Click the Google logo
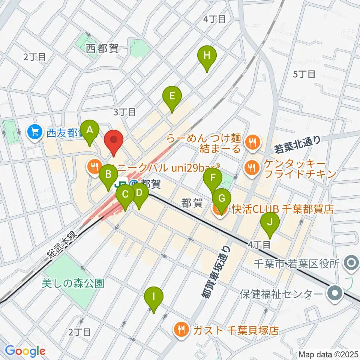pos(25,351)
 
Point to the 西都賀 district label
pos(102,48)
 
